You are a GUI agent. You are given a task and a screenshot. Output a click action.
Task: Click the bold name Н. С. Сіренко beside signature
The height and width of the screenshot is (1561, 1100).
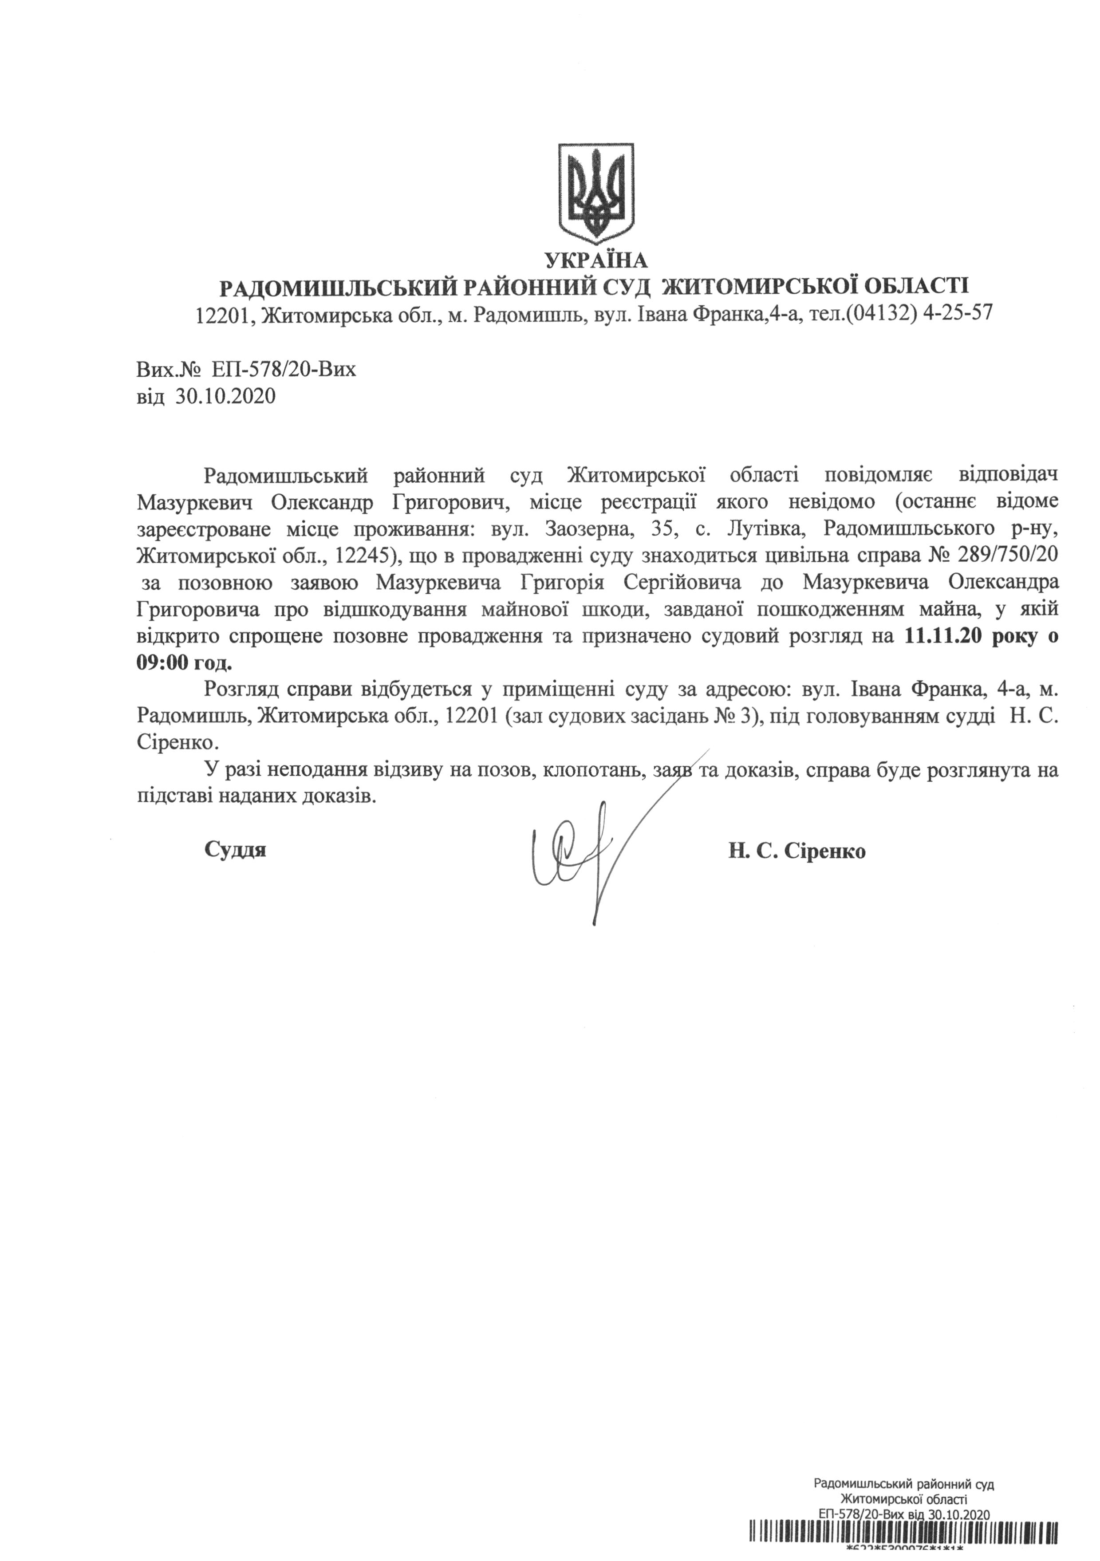point(797,851)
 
